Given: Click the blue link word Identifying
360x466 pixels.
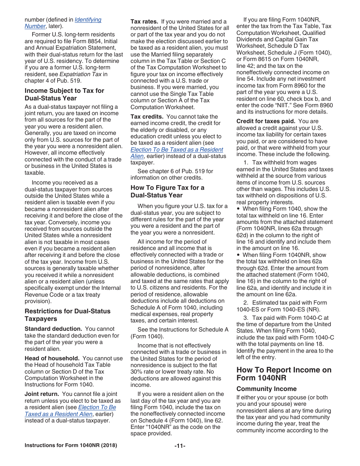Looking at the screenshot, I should tap(88, 20).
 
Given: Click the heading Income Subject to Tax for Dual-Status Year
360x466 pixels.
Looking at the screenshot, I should tap(64, 94).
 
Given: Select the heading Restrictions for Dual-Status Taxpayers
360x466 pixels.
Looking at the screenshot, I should tap(67, 315).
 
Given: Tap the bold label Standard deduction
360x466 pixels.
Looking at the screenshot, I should tap(53, 329).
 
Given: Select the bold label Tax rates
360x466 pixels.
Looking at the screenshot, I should tap(144, 22).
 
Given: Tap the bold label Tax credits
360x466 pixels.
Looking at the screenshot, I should tap(147, 117).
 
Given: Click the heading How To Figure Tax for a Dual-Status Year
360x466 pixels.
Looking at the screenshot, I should tap(167, 191).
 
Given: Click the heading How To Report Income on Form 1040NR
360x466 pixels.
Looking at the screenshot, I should tap(284, 374).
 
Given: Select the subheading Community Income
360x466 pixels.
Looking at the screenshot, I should tap(266, 389).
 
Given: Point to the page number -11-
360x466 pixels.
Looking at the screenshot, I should tap(180, 446).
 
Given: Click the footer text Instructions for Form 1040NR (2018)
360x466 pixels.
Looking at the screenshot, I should tap(71, 445).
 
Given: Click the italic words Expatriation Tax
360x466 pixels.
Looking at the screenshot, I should tap(80, 74).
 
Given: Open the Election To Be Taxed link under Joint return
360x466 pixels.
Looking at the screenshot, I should tap(97, 407).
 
